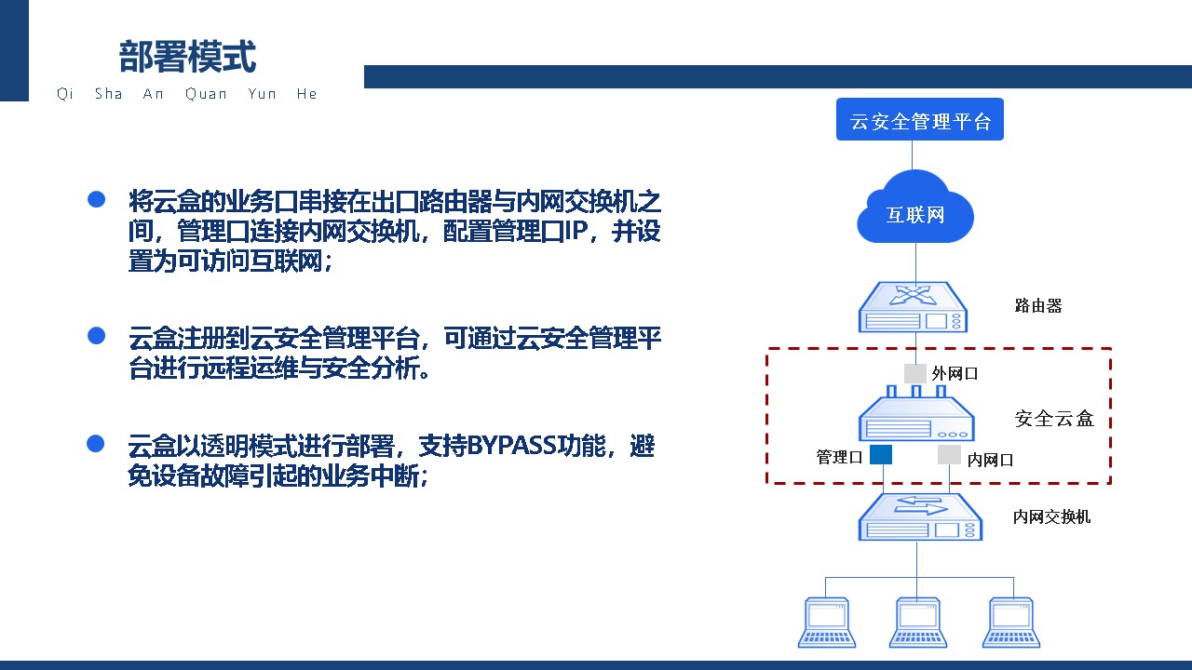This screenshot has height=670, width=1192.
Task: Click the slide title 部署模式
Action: tap(187, 57)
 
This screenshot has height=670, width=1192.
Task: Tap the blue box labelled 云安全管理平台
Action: tap(919, 119)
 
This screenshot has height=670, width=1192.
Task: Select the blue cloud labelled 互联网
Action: tap(915, 208)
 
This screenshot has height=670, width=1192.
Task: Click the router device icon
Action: tap(914, 307)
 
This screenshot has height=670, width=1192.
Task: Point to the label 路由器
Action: tap(1038, 306)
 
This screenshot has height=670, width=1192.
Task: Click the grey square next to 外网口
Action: tap(915, 373)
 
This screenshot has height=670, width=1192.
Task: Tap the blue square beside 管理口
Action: tap(881, 455)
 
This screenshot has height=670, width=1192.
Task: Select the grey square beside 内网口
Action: tap(949, 455)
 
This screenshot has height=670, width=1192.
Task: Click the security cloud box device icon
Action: tap(916, 414)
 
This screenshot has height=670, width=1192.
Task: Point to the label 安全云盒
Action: tap(1054, 419)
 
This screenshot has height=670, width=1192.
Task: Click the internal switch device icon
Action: tap(920, 516)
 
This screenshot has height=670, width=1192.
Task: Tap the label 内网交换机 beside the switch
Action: tap(1051, 516)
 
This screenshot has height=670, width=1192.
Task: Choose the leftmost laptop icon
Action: tap(826, 623)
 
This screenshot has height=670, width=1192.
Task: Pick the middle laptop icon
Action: tap(918, 623)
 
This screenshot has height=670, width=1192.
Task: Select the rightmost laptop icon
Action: tap(1011, 623)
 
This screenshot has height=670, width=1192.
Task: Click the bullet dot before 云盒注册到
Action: tap(96, 336)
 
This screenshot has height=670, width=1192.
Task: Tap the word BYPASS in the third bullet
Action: tap(511, 446)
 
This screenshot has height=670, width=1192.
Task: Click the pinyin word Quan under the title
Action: tap(206, 94)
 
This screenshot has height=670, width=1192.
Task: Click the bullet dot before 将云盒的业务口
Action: tap(96, 199)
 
